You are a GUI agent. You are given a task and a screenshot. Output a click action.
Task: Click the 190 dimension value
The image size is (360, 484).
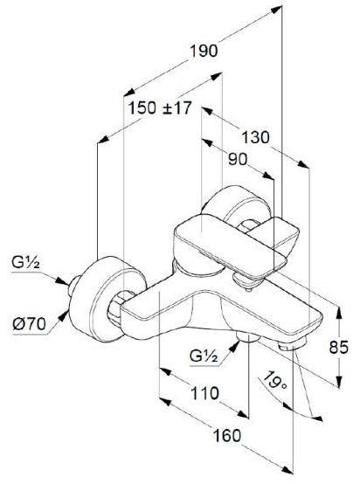tap(204, 51)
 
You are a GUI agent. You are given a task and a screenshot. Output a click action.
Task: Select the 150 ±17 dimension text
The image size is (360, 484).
tap(160, 108)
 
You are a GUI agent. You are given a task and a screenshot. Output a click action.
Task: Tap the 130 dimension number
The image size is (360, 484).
tap(255, 137)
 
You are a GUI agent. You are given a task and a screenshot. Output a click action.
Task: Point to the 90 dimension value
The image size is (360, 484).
tap(238, 160)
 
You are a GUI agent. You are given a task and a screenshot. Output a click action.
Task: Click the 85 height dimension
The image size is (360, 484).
tap(338, 347)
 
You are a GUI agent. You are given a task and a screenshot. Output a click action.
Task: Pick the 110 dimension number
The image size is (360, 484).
tap(205, 393)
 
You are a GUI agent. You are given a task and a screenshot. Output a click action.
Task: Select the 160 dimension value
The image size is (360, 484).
tap(227, 436)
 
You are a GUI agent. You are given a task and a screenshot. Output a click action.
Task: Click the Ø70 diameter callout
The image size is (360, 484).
tap(29, 324)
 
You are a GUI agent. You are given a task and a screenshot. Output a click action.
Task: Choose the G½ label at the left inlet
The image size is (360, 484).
tap(25, 263)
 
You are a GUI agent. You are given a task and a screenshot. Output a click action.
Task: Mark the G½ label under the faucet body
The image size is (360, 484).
tap(204, 356)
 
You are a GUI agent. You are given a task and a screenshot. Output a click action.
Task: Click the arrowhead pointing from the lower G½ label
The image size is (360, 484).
tap(235, 346)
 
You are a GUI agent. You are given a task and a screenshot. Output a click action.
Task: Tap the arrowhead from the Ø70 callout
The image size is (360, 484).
tap(64, 315)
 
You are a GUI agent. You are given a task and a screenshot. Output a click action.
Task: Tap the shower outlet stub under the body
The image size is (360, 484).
tap(248, 337)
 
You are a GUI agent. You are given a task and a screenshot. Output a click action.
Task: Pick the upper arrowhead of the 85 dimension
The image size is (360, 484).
tap(339, 313)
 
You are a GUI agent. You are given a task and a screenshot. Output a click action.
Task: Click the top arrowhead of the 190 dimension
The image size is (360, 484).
tap(276, 9)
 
